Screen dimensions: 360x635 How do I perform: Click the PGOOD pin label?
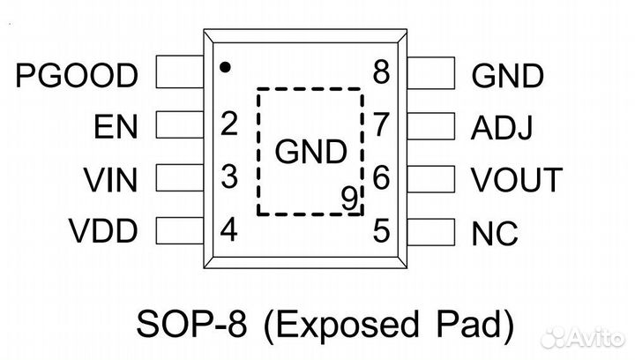[x=78, y=76]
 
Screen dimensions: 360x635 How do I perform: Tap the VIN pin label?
[x=111, y=181]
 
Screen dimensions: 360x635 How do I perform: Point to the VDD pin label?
[x=103, y=233]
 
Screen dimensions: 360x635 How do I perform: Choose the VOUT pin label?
[x=516, y=181]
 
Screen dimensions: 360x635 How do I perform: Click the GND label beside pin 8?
[x=507, y=76]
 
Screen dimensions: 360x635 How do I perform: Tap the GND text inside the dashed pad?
[x=310, y=153]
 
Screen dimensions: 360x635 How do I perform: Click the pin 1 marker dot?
[x=226, y=66]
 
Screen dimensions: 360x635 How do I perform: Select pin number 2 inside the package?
[x=229, y=124]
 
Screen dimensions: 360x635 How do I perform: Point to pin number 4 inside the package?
[x=229, y=231]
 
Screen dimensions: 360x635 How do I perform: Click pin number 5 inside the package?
[x=382, y=231]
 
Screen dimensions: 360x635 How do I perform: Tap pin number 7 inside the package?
[x=382, y=125]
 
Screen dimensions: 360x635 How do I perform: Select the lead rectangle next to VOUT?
[x=431, y=180]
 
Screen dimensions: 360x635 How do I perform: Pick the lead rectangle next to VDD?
[x=179, y=233]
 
